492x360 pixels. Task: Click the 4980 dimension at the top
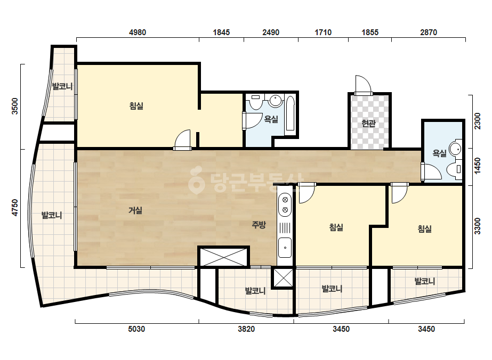[138, 32]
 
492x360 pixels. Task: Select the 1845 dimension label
[221, 32]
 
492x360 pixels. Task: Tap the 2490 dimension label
[271, 32]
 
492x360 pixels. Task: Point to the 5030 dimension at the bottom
[136, 329]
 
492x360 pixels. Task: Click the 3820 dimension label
[246, 329]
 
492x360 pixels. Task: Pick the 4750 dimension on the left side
[15, 208]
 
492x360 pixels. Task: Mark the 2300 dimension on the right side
[477, 121]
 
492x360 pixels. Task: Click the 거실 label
[135, 210]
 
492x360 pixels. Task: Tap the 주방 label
[259, 225]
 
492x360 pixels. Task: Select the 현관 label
[369, 123]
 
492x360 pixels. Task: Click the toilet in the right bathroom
[455, 169]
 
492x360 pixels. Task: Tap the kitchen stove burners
[285, 204]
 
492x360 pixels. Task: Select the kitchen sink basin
[285, 248]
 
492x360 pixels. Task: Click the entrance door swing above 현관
[364, 85]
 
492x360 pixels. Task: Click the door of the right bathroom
[431, 172]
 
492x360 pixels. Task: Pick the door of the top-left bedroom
[182, 140]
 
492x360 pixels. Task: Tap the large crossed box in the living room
[223, 257]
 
